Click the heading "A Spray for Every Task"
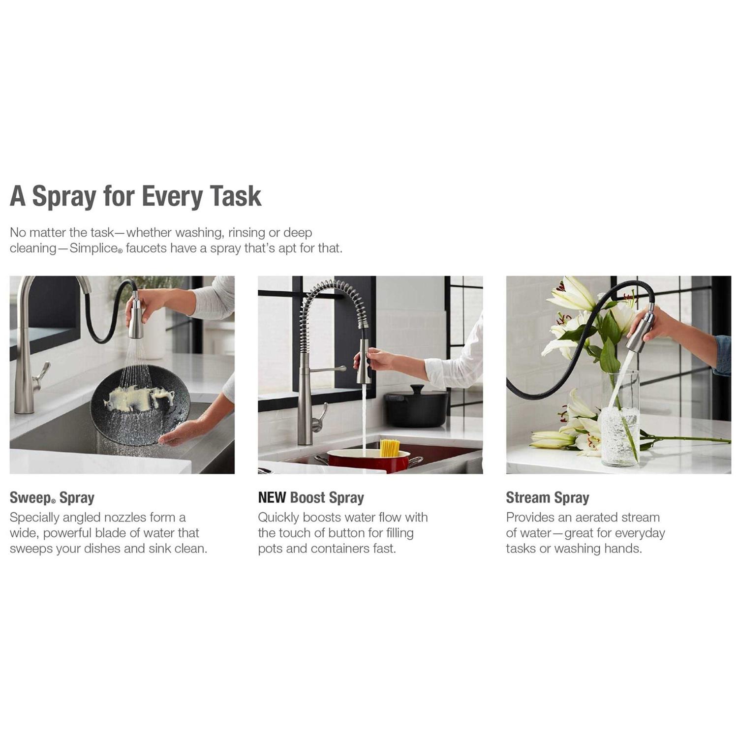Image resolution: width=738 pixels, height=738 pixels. [x=135, y=196]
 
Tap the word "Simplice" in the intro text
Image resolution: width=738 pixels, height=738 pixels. [x=93, y=248]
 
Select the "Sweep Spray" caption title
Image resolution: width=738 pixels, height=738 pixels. [x=52, y=498]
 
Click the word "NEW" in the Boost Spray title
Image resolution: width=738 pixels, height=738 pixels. [x=272, y=497]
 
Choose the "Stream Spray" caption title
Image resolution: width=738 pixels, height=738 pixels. [x=548, y=498]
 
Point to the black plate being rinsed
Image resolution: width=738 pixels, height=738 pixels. [x=140, y=405]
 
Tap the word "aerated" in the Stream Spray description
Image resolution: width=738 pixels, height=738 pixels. [x=596, y=518]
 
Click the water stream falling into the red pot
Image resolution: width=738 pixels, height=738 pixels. [x=365, y=418]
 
